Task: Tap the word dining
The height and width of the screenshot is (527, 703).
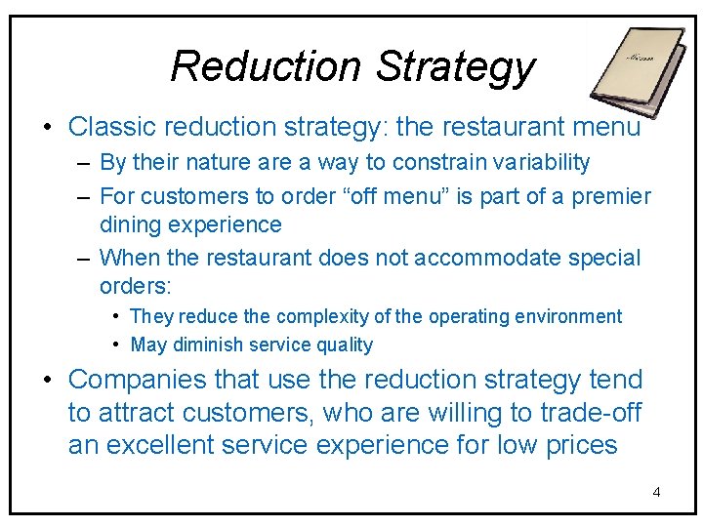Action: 131,224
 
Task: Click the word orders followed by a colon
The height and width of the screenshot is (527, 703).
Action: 135,286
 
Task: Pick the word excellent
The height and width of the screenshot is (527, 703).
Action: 167,445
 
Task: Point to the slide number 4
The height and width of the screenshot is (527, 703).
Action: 656,491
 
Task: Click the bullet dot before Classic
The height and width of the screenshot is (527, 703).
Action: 47,128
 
